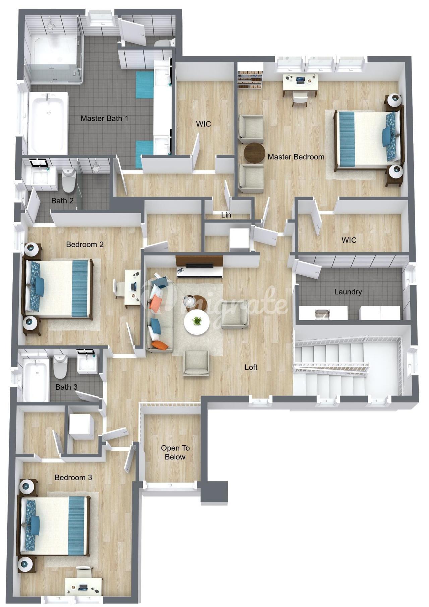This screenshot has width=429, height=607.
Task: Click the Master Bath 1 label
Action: coord(104,118)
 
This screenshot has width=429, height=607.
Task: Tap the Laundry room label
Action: coord(348,292)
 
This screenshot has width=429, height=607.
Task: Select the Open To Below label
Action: coord(175,452)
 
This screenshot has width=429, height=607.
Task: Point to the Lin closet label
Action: coord(226,215)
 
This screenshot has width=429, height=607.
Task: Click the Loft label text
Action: coord(251,367)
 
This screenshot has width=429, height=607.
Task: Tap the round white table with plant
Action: coord(197,322)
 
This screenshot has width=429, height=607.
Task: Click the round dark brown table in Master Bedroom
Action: coord(254,153)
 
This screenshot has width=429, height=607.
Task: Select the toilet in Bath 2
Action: coord(69,180)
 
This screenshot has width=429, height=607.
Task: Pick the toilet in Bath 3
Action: coord(60,367)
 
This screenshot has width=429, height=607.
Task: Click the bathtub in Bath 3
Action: coord(36,380)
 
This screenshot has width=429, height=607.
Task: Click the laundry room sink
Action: coord(322,314)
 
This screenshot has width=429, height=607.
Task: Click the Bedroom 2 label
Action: coord(85,244)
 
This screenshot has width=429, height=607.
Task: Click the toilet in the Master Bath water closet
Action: coord(165,43)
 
